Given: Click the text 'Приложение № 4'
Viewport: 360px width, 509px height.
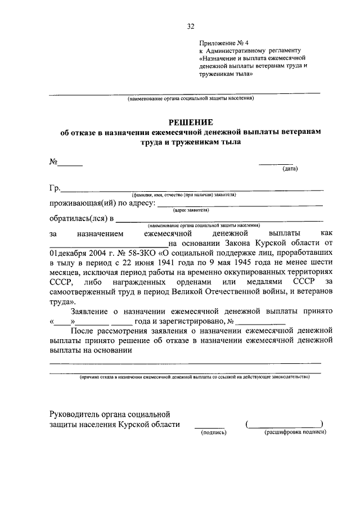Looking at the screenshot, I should point(224,43).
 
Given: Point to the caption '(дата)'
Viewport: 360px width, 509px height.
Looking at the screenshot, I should point(290,168).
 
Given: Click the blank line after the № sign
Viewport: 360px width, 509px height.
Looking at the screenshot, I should point(71,165).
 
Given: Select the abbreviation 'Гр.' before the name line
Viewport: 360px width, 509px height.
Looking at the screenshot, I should point(55,187).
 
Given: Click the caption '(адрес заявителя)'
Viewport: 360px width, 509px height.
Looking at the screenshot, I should point(191,210).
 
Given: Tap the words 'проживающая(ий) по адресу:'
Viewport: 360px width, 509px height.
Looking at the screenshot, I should point(101,203).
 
